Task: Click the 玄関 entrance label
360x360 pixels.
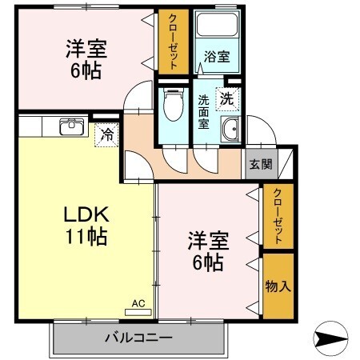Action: pyautogui.click(x=259, y=164)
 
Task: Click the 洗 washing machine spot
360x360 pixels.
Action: pyautogui.click(x=227, y=99)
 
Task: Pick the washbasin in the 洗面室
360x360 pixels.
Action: pyautogui.click(x=232, y=129)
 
